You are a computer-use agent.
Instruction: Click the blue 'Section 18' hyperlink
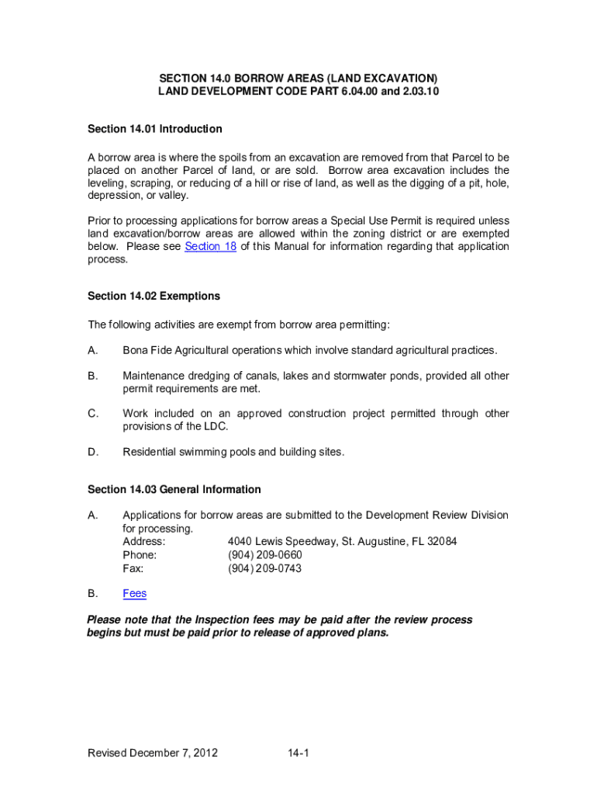210,246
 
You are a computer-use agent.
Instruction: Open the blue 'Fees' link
134,594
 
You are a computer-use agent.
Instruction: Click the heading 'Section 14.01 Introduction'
155,129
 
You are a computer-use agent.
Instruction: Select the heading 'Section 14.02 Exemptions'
154,296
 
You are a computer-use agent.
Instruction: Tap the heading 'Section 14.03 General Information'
174,490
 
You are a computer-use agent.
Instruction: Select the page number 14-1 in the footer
298,753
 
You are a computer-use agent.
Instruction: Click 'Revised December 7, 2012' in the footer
153,753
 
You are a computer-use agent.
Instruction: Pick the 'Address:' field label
144,542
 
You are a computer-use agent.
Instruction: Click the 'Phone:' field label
140,555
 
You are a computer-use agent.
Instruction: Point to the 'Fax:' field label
133,568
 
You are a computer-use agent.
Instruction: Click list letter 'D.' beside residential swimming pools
93,452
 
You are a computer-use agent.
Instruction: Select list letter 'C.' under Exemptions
93,414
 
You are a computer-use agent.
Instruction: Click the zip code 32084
441,542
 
